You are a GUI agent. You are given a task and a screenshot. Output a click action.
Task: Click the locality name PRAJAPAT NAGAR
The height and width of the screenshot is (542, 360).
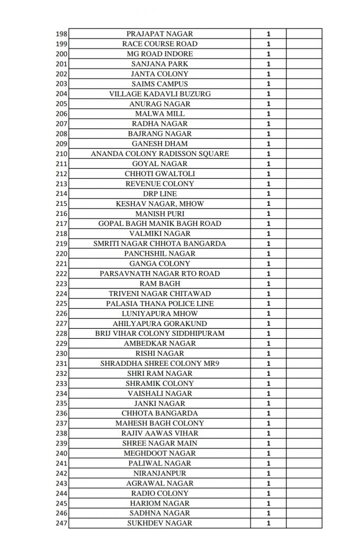(x=160, y=34)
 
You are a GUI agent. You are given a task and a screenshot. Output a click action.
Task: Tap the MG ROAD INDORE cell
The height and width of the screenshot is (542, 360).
(x=160, y=54)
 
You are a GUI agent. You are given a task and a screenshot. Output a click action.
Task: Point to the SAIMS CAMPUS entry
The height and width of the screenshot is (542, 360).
(x=160, y=84)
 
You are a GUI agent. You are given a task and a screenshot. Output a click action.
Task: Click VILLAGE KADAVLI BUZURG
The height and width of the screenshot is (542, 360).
(x=160, y=94)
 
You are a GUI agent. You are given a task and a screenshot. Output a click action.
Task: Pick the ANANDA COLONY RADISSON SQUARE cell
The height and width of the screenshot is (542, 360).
(x=160, y=153)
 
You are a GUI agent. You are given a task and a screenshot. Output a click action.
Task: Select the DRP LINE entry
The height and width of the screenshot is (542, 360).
(x=160, y=194)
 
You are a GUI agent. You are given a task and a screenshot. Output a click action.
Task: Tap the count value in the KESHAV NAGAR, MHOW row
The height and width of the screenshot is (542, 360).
(x=268, y=204)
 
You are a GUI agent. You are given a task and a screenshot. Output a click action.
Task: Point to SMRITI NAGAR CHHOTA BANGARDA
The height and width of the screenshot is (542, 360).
(x=160, y=243)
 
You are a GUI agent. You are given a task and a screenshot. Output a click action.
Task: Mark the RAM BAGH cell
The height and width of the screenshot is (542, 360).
(x=160, y=284)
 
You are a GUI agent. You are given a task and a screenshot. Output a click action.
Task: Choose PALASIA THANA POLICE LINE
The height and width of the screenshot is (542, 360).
(x=160, y=303)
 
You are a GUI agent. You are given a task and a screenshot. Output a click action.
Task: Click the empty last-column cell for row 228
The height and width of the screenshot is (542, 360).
(x=303, y=333)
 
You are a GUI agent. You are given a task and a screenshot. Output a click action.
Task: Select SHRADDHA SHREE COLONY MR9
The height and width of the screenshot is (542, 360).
(x=160, y=363)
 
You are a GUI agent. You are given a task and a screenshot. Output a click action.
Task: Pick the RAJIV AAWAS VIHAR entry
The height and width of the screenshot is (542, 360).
(x=160, y=433)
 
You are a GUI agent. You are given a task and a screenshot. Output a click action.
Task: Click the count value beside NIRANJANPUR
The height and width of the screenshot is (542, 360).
(x=268, y=473)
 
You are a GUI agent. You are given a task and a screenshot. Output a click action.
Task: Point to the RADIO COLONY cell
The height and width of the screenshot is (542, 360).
(x=160, y=493)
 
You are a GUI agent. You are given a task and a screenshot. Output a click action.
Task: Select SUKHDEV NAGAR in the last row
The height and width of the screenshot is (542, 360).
(x=160, y=523)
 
